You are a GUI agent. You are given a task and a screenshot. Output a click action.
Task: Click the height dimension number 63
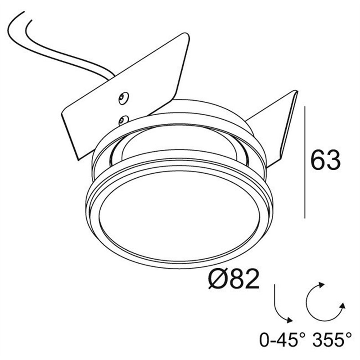coord(325,160)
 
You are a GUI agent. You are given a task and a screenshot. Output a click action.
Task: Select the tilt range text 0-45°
coord(283,340)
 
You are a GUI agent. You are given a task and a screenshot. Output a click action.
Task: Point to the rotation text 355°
coord(333,340)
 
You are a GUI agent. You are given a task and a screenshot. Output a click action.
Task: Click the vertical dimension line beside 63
coord(305,162)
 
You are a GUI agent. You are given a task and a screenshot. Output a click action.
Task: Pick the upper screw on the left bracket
coord(123,98)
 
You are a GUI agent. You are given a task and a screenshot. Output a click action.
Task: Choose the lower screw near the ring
coord(123,120)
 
